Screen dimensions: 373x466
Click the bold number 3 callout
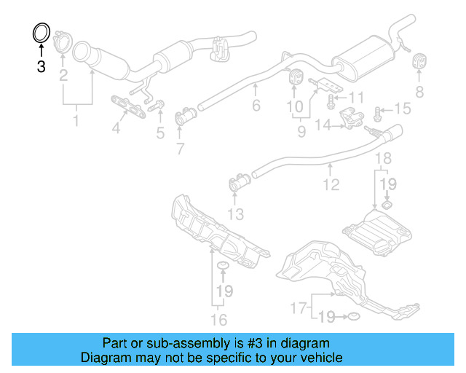[x=41, y=67]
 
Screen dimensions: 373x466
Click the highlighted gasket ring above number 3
[x=42, y=33]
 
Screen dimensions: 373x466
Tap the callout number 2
[x=63, y=76]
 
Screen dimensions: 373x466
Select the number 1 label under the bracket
[x=76, y=119]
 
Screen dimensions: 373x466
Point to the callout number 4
[x=116, y=130]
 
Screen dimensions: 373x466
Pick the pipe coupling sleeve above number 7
[x=186, y=116]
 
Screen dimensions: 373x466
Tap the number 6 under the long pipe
[x=256, y=106]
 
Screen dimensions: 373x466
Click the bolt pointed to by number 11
[x=331, y=97]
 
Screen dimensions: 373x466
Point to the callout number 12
[x=332, y=185]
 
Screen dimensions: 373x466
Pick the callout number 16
[x=218, y=319]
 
